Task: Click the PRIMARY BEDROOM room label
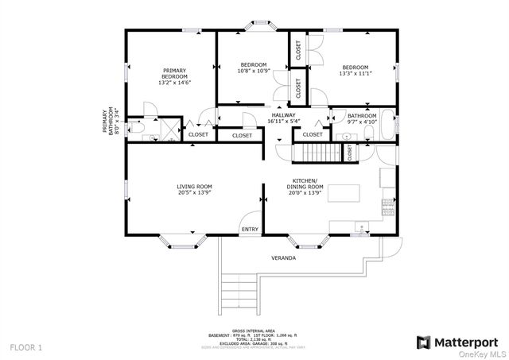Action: pos(175,75)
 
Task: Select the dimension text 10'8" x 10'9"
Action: pos(254,71)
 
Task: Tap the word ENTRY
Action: pos(250,230)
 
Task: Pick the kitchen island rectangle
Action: pos(346,192)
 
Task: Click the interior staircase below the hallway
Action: pos(315,153)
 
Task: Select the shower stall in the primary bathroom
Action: pos(169,127)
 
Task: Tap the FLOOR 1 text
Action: pos(26,347)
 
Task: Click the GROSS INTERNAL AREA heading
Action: pos(254,330)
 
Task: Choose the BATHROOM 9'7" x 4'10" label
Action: pos(362,119)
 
